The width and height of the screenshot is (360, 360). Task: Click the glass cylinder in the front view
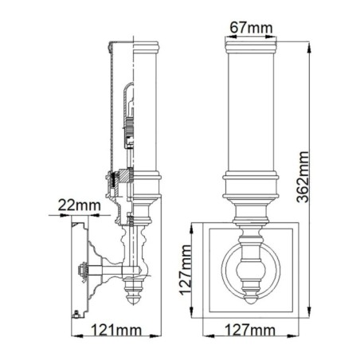click(250, 112)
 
